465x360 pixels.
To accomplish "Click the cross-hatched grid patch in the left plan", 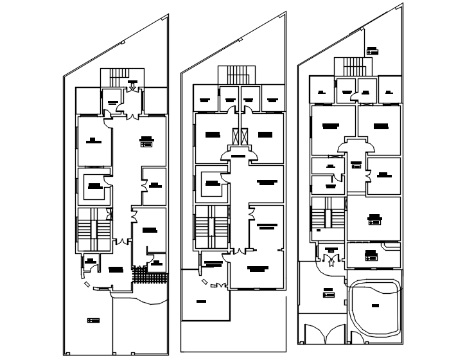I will pyautogui.click(x=149, y=277).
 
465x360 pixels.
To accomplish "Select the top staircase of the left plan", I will pyautogui.click(x=119, y=76).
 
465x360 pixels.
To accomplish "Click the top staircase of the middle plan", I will pyautogui.click(x=238, y=75).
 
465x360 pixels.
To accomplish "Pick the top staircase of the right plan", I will pyautogui.click(x=353, y=67).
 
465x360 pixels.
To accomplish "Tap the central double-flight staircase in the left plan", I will pyautogui.click(x=93, y=230).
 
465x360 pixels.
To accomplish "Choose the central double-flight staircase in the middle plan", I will pyautogui.click(x=211, y=227).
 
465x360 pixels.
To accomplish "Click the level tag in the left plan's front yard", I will pyautogui.click(x=93, y=320).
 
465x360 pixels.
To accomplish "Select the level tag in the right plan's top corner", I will pyautogui.click(x=372, y=51).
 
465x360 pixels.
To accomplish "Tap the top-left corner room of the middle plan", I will pyautogui.click(x=205, y=99).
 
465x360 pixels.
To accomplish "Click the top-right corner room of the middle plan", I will pyautogui.click(x=273, y=99).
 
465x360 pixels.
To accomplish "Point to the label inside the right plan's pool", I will pyautogui.click(x=375, y=306).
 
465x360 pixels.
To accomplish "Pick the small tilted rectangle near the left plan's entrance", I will pyautogui.click(x=87, y=283).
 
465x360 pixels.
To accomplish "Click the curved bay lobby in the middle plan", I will pyautogui.click(x=238, y=155).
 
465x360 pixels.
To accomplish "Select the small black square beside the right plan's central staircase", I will pyautogui.click(x=318, y=230).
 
